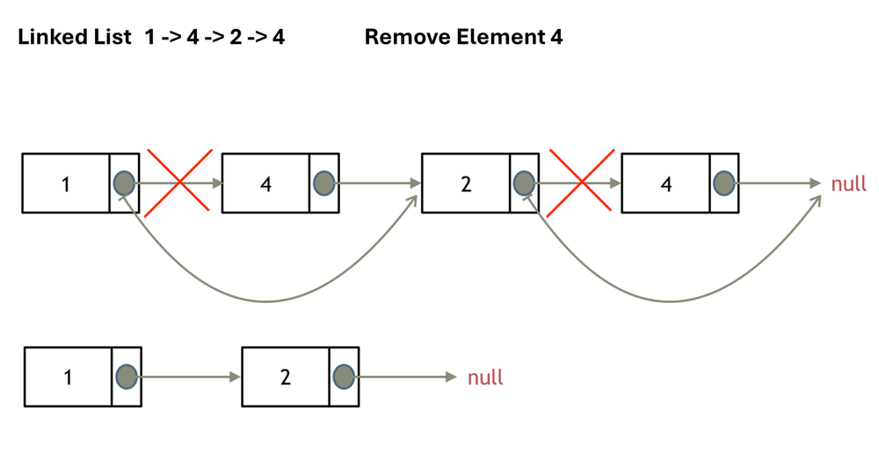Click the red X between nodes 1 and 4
pyautogui.click(x=179, y=182)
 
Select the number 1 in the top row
pyautogui.click(x=66, y=184)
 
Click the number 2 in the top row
pyautogui.click(x=466, y=184)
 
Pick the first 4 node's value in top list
pyautogui.click(x=265, y=184)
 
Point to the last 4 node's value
pyautogui.click(x=665, y=184)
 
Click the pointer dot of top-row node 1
pyautogui.click(x=124, y=183)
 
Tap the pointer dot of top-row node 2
pyautogui.click(x=524, y=183)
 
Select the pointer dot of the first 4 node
pyautogui.click(x=324, y=183)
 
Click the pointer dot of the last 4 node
pyautogui.click(x=723, y=183)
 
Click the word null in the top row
pyautogui.click(x=848, y=184)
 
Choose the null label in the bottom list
pyautogui.click(x=485, y=378)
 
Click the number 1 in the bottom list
pyautogui.click(x=69, y=378)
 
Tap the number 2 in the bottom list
pyautogui.click(x=286, y=378)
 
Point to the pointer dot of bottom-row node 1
pyautogui.click(x=127, y=377)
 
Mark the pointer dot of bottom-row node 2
pyautogui.click(x=344, y=377)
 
